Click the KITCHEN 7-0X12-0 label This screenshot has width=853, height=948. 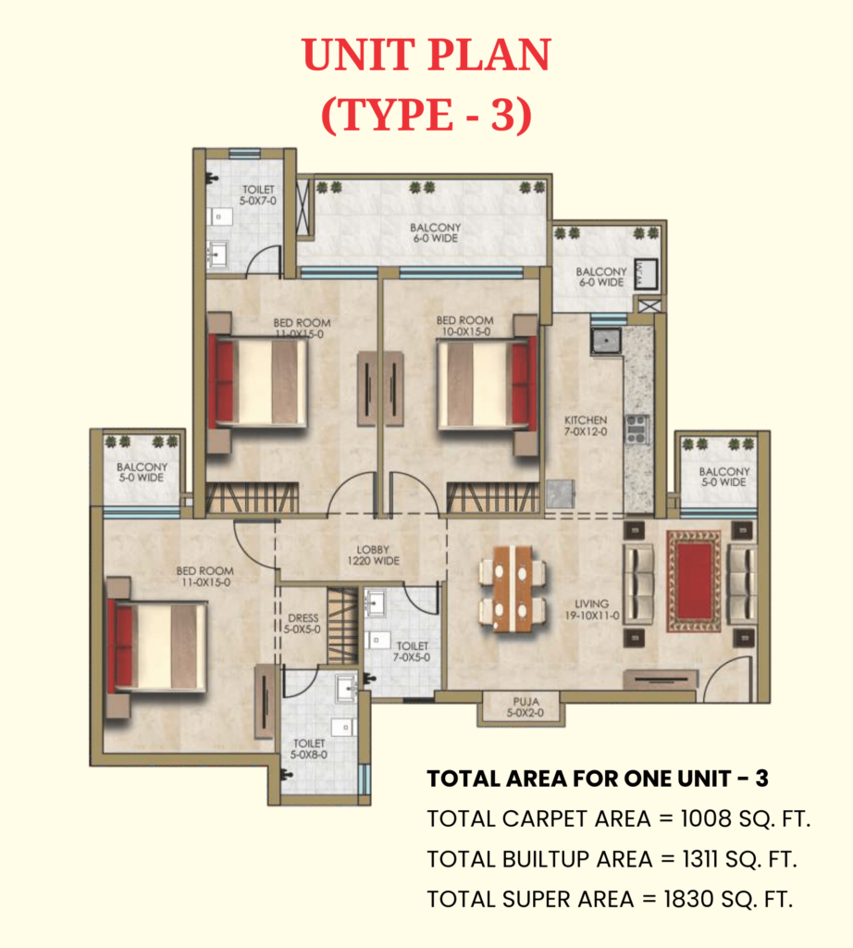coord(586,426)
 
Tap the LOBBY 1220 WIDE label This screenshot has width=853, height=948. coord(373,555)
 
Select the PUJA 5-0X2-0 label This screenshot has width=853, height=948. coord(525,706)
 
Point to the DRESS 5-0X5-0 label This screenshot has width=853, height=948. coord(303,623)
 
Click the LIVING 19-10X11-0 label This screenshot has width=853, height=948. coord(592,609)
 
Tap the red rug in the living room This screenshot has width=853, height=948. coord(694,581)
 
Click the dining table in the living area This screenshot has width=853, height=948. coord(513,588)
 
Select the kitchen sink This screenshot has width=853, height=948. coord(606,341)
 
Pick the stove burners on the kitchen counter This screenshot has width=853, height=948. coord(637,429)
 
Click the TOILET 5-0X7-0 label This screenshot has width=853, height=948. coord(258,194)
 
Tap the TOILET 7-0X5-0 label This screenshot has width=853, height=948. coord(412,651)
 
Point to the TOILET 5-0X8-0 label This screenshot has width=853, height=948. coord(309,748)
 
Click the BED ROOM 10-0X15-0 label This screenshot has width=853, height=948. coord(464,326)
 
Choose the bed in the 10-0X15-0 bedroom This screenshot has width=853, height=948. coord(487,384)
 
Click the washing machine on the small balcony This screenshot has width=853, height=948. coord(646,274)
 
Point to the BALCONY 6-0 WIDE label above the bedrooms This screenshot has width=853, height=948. coord(435,232)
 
